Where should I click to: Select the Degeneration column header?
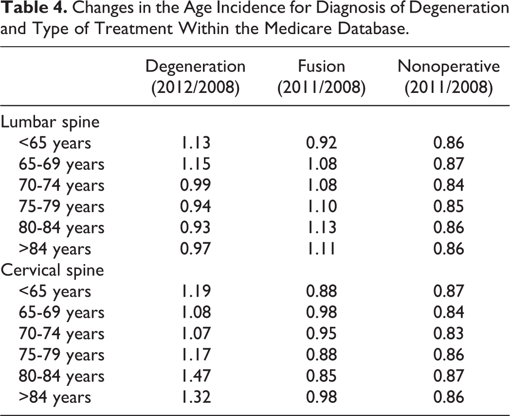click(196, 77)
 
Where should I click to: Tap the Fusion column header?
click(321, 77)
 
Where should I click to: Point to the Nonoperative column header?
click(449, 77)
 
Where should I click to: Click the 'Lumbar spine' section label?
click(50, 123)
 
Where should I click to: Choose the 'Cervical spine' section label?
click(53, 271)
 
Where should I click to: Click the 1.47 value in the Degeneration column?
click(196, 376)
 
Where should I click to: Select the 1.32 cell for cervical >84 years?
click(196, 397)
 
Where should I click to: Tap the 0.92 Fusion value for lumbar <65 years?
click(321, 143)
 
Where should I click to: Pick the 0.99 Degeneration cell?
click(196, 185)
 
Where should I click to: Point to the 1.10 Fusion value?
click(321, 206)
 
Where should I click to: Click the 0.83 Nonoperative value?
click(449, 334)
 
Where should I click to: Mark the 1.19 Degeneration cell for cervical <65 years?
click(196, 291)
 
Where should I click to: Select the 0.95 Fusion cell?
click(321, 334)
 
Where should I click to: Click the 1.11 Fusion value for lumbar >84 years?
click(321, 249)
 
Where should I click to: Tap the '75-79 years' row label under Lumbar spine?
click(61, 207)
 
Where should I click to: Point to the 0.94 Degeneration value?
click(196, 206)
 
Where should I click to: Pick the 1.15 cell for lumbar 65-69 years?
click(196, 164)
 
